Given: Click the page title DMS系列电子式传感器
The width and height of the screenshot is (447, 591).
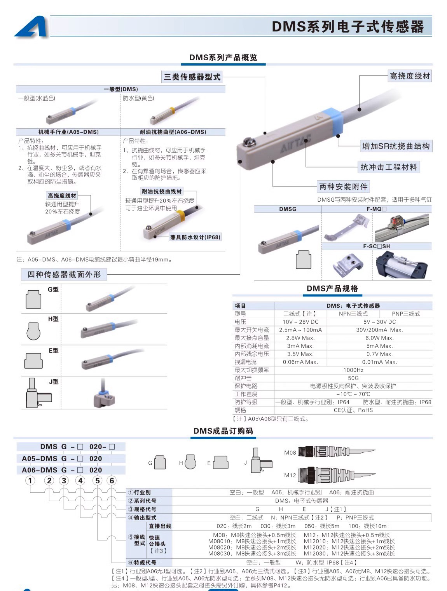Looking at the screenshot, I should (x=347, y=26).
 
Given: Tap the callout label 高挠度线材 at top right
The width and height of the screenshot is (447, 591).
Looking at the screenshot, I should (x=410, y=76).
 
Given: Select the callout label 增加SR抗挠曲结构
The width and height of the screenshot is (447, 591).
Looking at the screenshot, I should (x=396, y=146).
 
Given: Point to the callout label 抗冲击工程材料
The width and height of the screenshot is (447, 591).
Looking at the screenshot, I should (x=388, y=167).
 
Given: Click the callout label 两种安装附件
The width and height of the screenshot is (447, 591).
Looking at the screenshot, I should (x=343, y=187).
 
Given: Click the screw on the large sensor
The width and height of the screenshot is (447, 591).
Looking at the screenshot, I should (x=248, y=143).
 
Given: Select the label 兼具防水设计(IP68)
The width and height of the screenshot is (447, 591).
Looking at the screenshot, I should (x=195, y=237).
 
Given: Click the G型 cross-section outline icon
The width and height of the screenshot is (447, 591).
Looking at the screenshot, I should (x=33, y=299).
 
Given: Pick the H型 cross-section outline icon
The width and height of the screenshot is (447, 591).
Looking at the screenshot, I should (x=33, y=331).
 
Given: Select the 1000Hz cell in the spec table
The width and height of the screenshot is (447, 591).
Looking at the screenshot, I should (x=353, y=370).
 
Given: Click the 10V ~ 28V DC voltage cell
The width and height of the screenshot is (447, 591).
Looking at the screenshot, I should (x=300, y=322).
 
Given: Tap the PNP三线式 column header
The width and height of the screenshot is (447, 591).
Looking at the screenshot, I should (x=406, y=314).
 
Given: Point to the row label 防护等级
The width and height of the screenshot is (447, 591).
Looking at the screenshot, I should (x=246, y=402).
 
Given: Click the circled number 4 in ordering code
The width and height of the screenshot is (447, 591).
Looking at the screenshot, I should (x=80, y=481).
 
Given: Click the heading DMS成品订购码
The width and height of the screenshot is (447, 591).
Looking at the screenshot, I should (x=223, y=431).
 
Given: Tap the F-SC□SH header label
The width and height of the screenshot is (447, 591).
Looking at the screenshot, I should (x=376, y=246).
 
